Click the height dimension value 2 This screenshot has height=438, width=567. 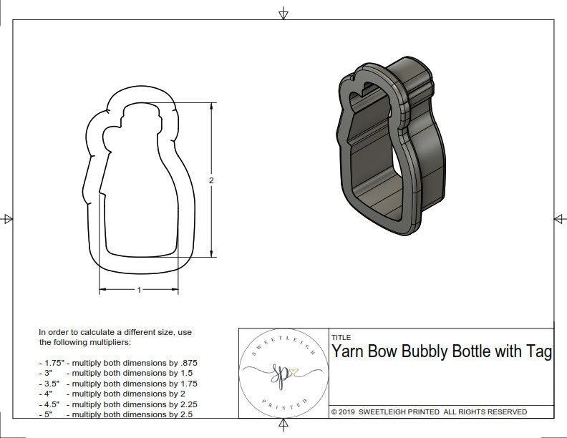pyautogui.click(x=211, y=180)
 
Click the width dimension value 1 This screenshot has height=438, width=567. pyautogui.click(x=139, y=290)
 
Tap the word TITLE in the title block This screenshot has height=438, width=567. pyautogui.click(x=341, y=337)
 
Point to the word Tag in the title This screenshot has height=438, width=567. pyautogui.click(x=539, y=352)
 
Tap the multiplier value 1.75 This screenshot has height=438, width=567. pyautogui.click(x=188, y=384)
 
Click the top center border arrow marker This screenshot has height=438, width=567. pyautogui.click(x=283, y=14)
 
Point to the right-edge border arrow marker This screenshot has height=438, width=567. pyautogui.click(x=558, y=218)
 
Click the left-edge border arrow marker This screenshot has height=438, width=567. pyautogui.click(x=8, y=218)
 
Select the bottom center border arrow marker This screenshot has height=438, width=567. pyautogui.click(x=283, y=424)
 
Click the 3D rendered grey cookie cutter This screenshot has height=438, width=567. pyautogui.click(x=387, y=150)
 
